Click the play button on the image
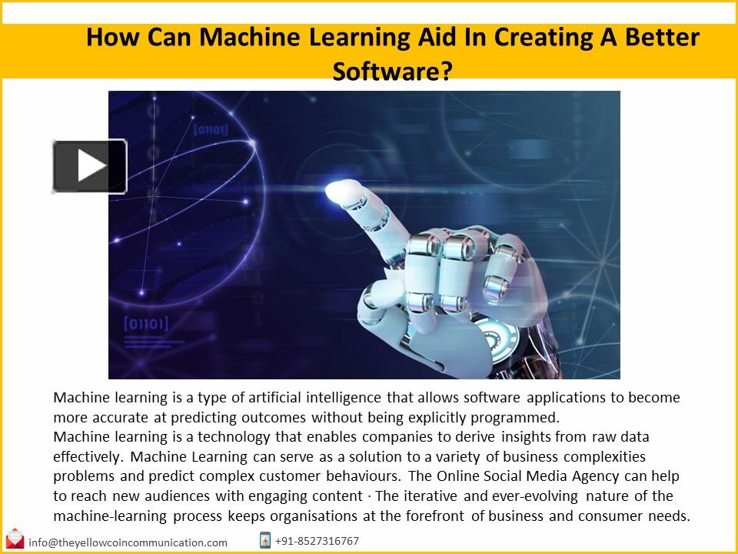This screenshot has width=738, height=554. coord(89,165)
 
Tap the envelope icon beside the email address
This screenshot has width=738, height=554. coord(15,539)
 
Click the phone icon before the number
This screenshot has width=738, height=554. coord(265,540)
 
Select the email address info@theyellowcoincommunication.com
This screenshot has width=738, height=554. coord(128,542)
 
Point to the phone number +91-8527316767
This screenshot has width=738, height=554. coord(317,541)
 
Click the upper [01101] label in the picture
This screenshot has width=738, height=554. coord(210,130)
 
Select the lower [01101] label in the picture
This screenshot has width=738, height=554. coord(145,324)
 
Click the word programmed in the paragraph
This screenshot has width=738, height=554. coord(517,418)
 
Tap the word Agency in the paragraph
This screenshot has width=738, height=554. coord(592,476)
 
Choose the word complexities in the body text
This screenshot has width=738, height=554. coord(600,457)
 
